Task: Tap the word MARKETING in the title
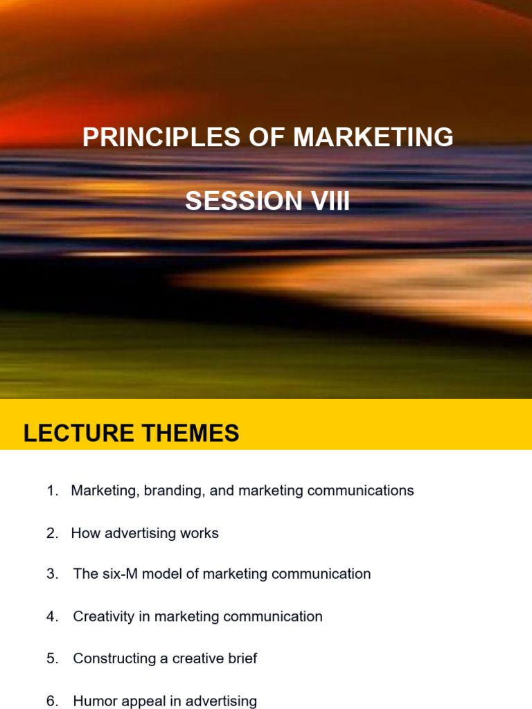[x=373, y=138]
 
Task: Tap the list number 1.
[x=52, y=491]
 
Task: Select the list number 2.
[x=52, y=533]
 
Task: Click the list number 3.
[x=52, y=574]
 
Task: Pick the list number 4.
[x=52, y=616]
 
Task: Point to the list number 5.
[x=52, y=658]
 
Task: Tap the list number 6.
[x=52, y=701]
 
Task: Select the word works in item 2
[x=199, y=533]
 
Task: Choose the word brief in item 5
[x=239, y=658]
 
